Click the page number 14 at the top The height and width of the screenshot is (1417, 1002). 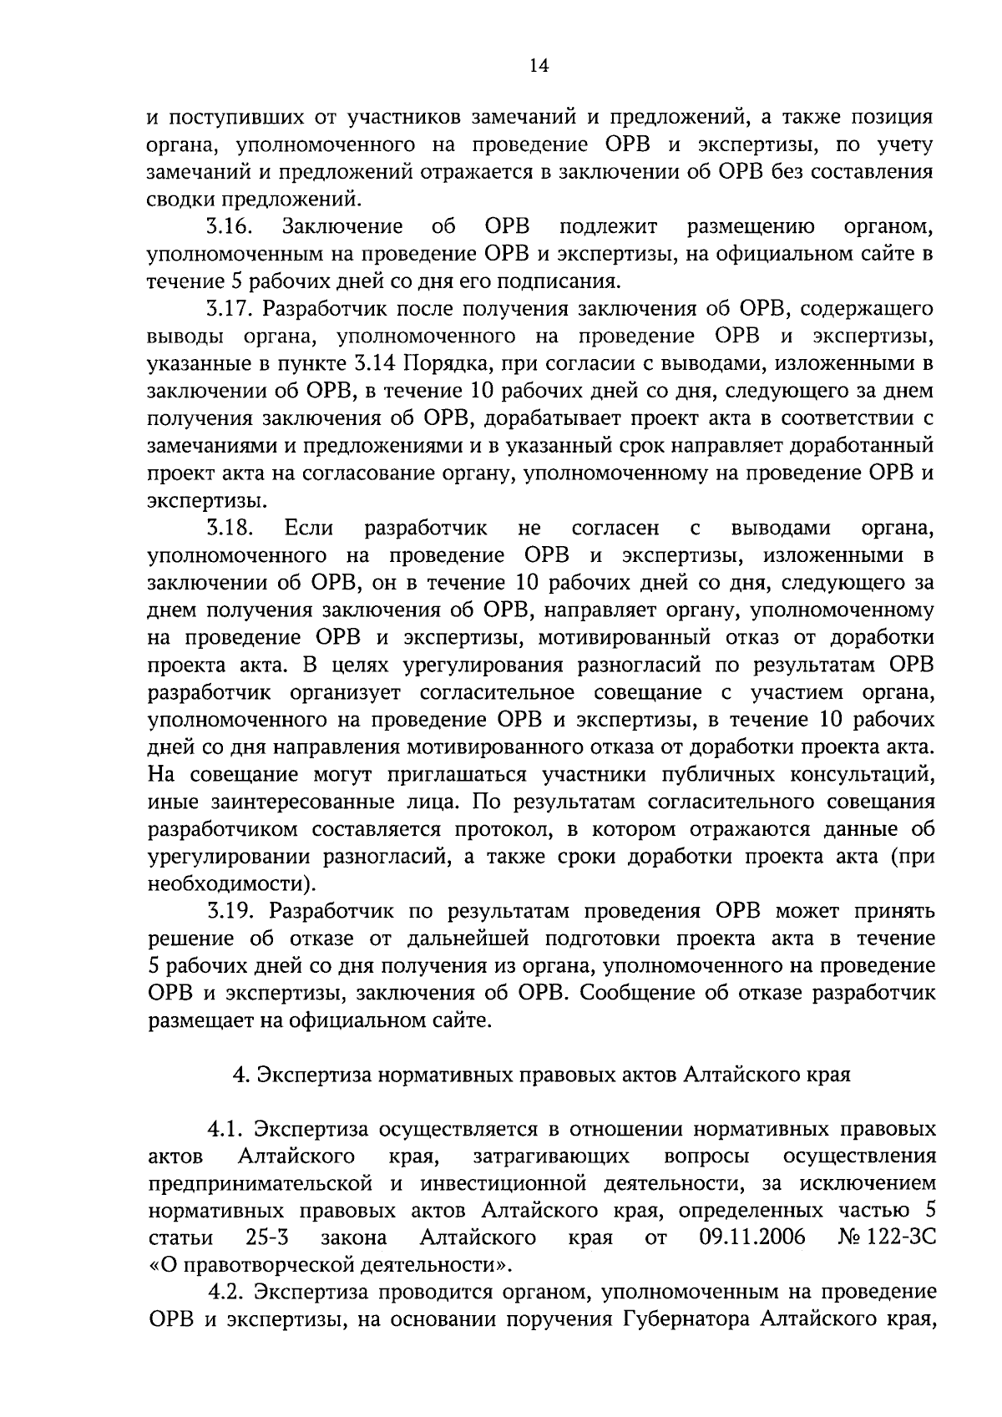coord(539,67)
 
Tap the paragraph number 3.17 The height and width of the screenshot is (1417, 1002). coord(230,309)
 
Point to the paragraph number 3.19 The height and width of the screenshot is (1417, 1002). coord(230,911)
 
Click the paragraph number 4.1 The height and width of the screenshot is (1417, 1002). coord(225,1130)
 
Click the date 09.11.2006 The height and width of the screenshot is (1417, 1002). coord(751,1237)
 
